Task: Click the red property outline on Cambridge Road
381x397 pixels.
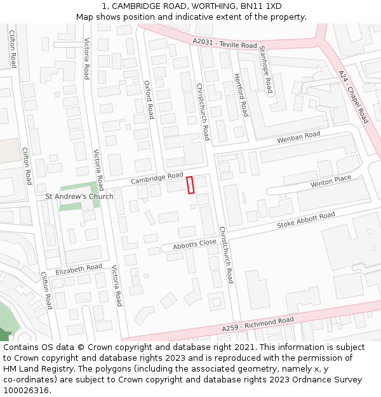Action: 190,185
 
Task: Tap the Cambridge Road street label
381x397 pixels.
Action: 157,178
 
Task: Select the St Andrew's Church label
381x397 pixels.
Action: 79,196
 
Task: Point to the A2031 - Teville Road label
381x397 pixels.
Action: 225,44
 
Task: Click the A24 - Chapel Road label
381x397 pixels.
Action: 353,97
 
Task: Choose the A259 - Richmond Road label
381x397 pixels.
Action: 258,325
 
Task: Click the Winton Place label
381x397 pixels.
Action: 330,182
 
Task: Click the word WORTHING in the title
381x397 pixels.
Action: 211,6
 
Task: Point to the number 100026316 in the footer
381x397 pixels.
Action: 25,390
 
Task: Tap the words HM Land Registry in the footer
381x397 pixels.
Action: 34,368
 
